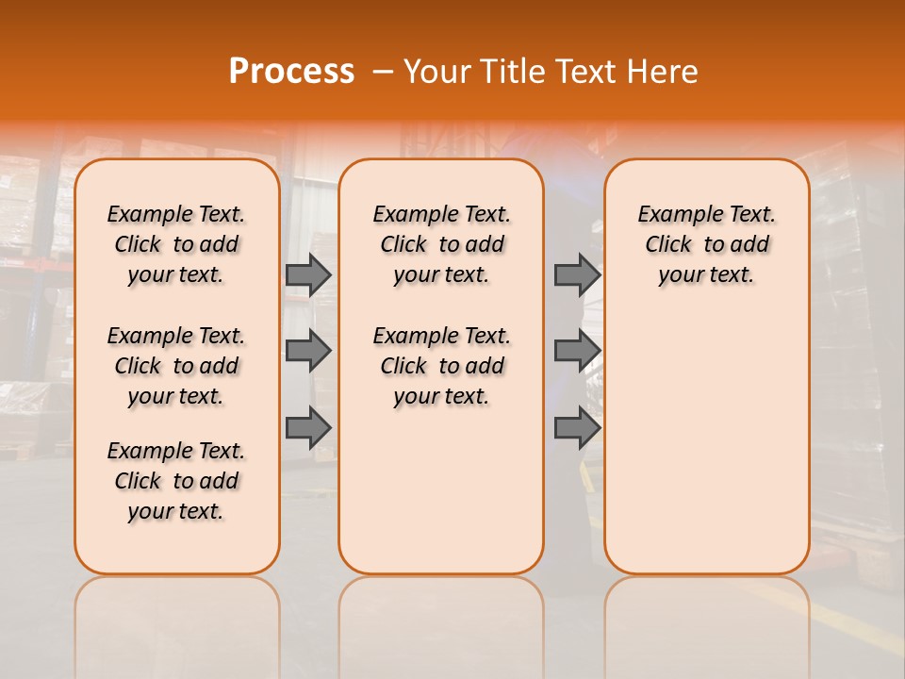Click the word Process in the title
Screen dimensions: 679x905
(291, 72)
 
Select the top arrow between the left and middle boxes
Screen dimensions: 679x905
(308, 274)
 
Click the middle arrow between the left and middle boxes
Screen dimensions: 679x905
(308, 351)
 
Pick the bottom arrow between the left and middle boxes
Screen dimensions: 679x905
(308, 428)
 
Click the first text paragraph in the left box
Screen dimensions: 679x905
(176, 244)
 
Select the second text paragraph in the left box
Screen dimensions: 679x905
(176, 366)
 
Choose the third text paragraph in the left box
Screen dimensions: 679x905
(176, 481)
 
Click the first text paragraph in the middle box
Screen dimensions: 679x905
(441, 244)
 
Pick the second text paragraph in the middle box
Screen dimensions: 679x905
(441, 366)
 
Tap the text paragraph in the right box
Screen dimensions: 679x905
(707, 244)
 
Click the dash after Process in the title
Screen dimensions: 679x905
(383, 72)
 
